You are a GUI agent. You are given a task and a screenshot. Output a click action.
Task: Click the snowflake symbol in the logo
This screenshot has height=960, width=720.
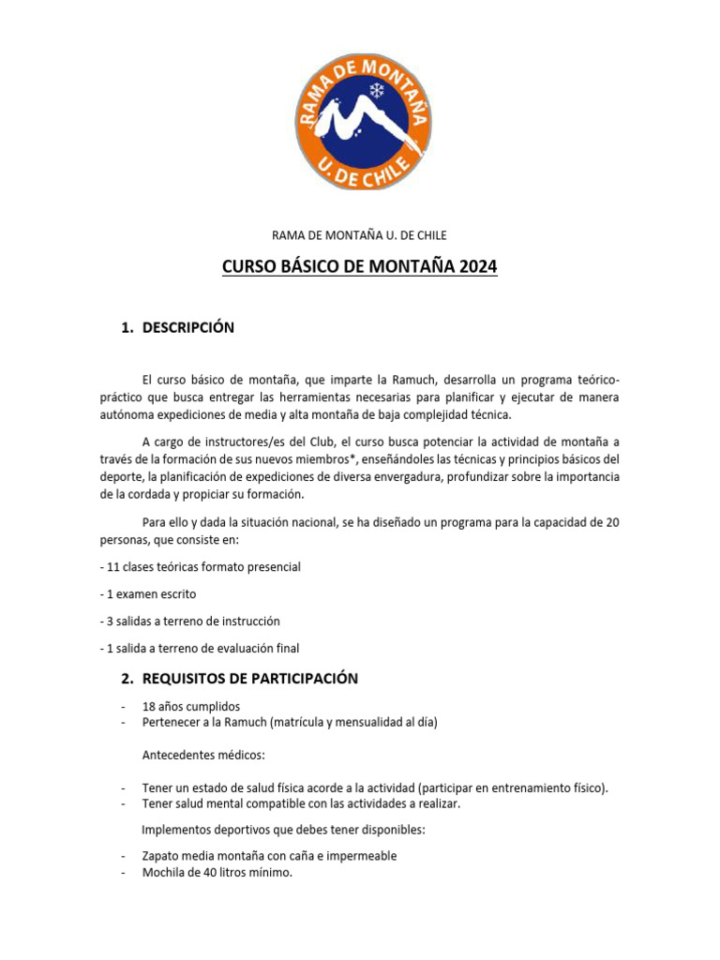click(x=378, y=91)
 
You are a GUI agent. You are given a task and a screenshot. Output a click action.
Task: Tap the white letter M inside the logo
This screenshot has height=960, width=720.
click(x=356, y=121)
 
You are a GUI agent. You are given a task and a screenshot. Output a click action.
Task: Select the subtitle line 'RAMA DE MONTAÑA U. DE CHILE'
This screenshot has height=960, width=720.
click(x=359, y=235)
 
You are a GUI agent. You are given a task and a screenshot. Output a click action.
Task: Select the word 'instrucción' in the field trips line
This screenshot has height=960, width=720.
click(x=247, y=621)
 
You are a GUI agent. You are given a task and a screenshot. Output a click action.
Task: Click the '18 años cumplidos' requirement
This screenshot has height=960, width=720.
click(x=191, y=706)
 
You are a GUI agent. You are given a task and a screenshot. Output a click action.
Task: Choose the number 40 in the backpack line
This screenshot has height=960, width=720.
click(x=211, y=873)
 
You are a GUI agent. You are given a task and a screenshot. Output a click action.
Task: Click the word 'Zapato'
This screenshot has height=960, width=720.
click(x=161, y=856)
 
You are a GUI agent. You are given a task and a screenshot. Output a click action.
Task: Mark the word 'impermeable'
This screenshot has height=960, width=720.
click(x=362, y=856)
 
